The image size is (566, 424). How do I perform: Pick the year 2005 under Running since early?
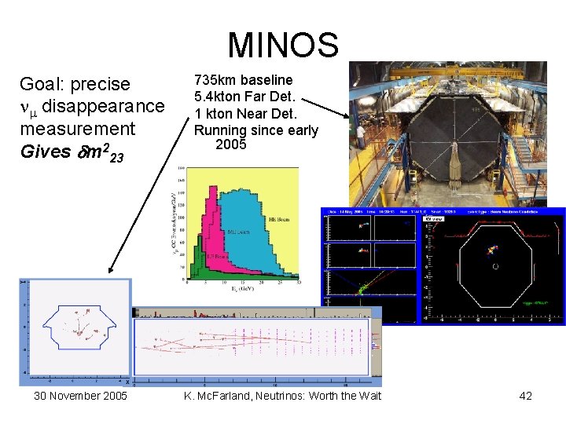pos(230,144)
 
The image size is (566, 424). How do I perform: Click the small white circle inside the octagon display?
pos(494,266)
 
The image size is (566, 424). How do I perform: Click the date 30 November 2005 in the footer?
pos(80,396)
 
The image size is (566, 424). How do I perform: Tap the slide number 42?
pos(525,396)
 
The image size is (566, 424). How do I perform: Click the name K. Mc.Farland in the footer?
pos(219,396)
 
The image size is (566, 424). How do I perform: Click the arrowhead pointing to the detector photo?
pos(347,115)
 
